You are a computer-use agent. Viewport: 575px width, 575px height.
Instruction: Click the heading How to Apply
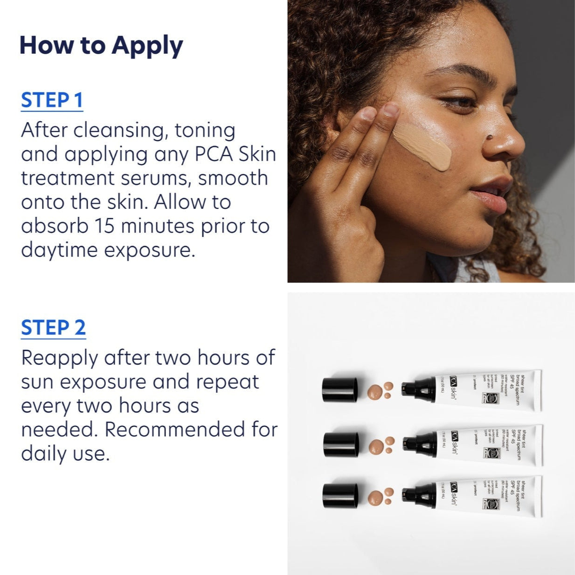tap(101, 46)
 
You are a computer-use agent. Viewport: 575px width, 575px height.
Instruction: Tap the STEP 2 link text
tap(53, 328)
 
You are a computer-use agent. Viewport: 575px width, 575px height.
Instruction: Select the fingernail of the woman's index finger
tap(390, 110)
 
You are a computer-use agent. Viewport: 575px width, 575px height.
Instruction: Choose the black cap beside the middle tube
tap(341, 444)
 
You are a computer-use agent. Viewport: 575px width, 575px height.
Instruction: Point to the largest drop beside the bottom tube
tap(376, 498)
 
